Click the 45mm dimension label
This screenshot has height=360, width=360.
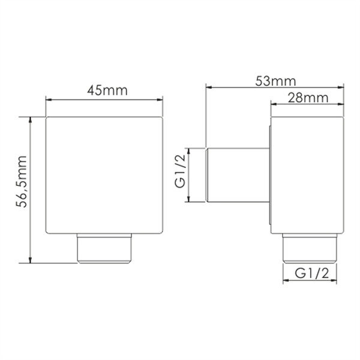click(x=107, y=91)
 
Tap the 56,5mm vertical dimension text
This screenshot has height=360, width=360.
click(x=22, y=181)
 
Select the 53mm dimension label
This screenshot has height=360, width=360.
click(x=275, y=81)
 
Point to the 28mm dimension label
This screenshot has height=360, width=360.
click(x=308, y=98)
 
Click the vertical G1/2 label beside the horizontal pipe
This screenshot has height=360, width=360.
click(x=180, y=171)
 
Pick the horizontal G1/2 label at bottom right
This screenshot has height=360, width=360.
click(x=312, y=274)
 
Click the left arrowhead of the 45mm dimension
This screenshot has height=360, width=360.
click(x=49, y=100)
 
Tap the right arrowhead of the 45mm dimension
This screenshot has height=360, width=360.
click(x=160, y=100)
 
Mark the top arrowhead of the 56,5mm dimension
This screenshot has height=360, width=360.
click(x=30, y=120)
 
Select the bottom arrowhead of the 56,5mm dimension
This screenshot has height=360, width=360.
click(x=30, y=260)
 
